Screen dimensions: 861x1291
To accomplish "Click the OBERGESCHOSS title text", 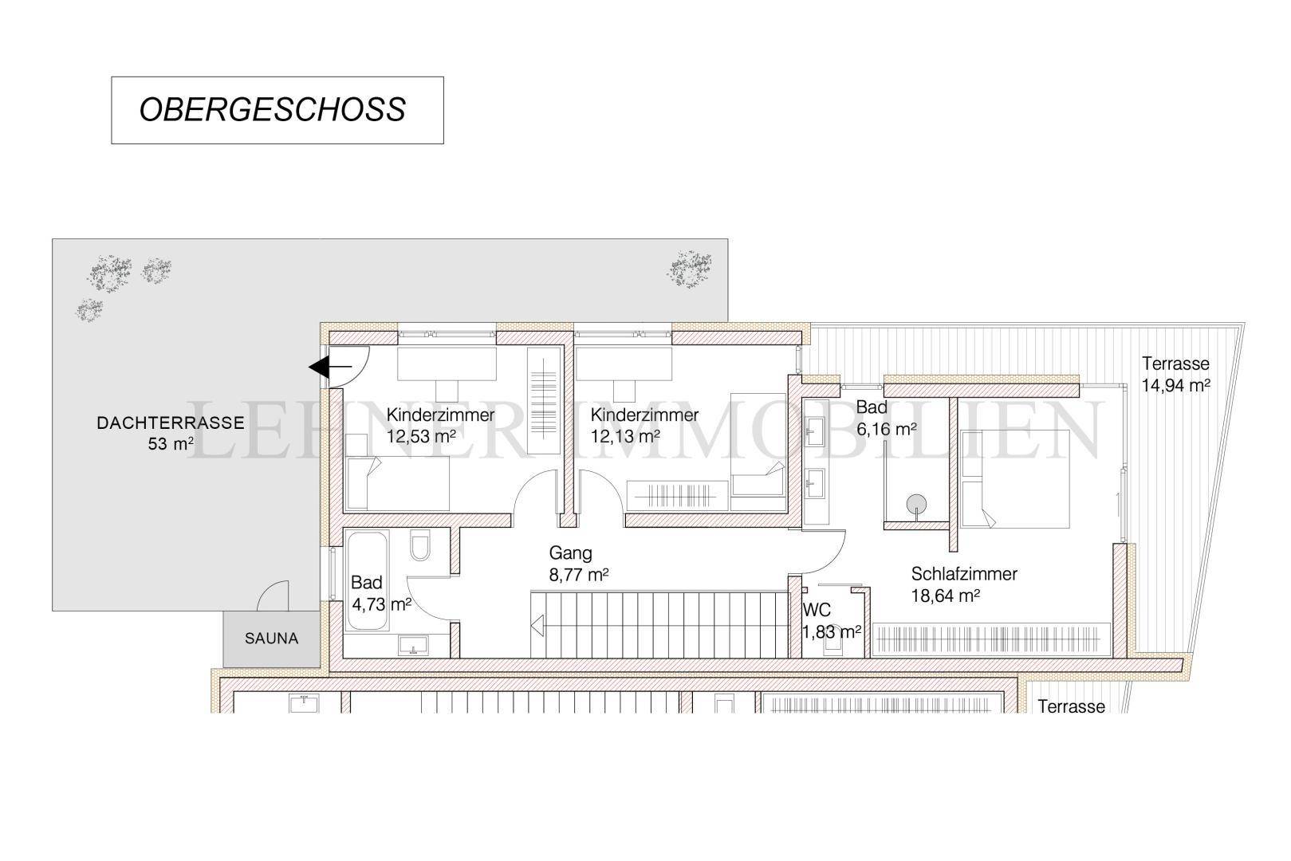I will [x=273, y=110].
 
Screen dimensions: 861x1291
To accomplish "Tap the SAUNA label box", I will [x=271, y=639].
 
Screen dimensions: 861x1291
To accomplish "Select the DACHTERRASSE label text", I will [x=159, y=423].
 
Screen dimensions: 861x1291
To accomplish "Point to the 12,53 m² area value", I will [x=421, y=436].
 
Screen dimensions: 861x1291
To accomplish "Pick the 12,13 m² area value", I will [x=625, y=436].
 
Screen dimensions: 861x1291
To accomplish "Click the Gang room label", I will [x=570, y=553].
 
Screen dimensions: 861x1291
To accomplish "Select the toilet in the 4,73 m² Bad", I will [x=419, y=547].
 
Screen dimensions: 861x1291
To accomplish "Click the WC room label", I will [x=817, y=611].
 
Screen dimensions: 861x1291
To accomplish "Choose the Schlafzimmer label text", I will [x=964, y=574].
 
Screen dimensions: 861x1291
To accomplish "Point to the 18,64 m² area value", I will [x=945, y=596].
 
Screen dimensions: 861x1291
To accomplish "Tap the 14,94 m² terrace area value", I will [x=1176, y=385].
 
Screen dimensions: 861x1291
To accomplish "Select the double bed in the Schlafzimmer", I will [x=1014, y=478].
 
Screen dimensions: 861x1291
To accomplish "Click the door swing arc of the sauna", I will [x=275, y=594].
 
